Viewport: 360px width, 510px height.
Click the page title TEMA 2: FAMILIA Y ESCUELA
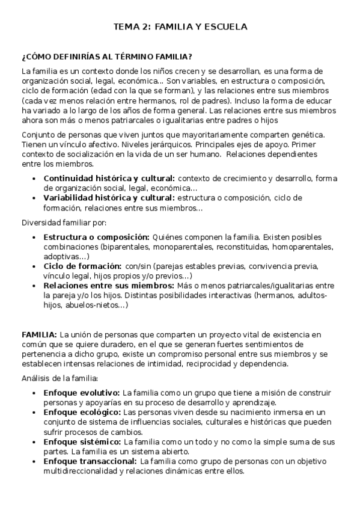click(x=180, y=27)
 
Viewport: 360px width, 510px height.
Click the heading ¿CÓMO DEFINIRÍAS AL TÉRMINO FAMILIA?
click(x=107, y=57)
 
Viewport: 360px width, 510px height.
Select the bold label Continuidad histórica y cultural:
click(x=109, y=179)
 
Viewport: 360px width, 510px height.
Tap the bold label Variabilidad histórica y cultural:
click(x=110, y=197)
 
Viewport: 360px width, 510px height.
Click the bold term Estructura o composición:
click(x=96, y=237)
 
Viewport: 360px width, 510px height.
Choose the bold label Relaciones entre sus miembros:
click(x=105, y=286)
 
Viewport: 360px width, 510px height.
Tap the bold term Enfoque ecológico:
click(x=82, y=413)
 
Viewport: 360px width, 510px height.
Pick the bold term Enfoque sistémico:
click(x=82, y=441)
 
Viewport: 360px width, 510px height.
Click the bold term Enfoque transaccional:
click(x=90, y=461)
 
